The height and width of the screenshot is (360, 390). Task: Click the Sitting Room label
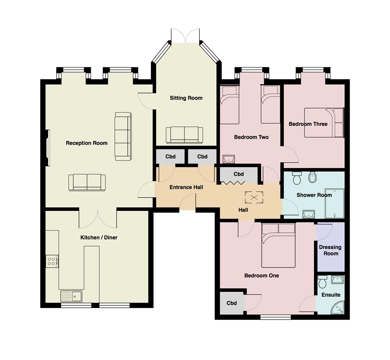[x=186, y=98]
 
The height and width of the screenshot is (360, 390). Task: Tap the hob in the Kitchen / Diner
[x=52, y=261]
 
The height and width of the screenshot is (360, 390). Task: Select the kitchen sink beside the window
[x=71, y=296]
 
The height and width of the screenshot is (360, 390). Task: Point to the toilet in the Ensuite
[x=322, y=281]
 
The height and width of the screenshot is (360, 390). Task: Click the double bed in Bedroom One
[x=278, y=245]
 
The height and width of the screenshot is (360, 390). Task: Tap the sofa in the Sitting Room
[x=184, y=135]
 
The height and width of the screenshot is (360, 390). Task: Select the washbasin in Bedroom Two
[x=228, y=159]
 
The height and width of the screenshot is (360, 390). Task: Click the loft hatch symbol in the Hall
[x=254, y=197]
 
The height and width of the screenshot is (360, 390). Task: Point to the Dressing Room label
[x=331, y=250]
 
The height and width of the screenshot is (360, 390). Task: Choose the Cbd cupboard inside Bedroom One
[x=231, y=303]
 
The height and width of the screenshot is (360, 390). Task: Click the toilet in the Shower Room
[x=297, y=178]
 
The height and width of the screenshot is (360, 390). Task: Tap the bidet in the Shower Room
[x=312, y=177]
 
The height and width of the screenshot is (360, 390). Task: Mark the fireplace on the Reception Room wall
[x=48, y=148]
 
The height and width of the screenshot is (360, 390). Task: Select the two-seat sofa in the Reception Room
[x=87, y=182]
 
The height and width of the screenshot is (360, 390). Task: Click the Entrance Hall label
[x=186, y=187]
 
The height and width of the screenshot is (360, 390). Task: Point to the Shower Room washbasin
[x=309, y=214]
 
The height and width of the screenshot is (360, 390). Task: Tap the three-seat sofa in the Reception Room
[x=123, y=136]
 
